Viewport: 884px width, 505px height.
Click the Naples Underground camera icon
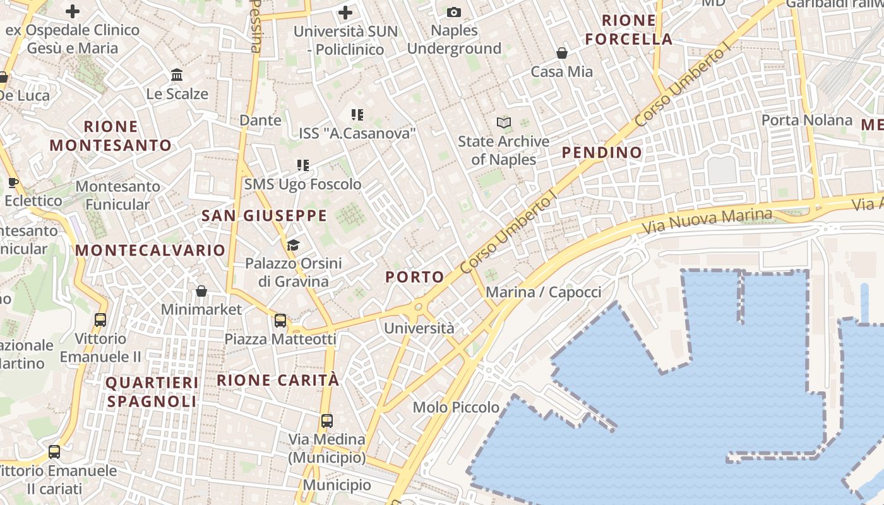tap(453, 12)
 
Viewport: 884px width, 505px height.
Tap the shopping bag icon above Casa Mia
tap(561, 53)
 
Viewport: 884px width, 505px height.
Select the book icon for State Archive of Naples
tap(503, 122)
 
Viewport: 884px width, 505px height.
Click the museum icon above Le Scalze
tap(177, 75)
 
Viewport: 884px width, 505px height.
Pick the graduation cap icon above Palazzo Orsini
tap(293, 244)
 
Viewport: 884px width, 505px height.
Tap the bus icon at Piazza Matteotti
tap(280, 321)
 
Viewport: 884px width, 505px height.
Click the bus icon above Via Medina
tap(326, 420)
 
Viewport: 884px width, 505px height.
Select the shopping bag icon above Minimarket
tap(201, 291)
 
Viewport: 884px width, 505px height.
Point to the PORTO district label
tap(415, 276)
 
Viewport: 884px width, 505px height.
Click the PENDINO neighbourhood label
tap(602, 152)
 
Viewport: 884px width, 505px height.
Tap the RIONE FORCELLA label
tap(628, 30)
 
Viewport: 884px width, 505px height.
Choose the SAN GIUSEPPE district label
tap(264, 216)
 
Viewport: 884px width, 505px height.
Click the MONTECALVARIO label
tap(150, 250)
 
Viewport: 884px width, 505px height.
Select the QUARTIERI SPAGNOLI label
tap(152, 392)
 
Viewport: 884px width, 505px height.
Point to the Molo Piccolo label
tap(456, 407)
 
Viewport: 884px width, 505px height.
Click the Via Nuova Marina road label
tap(707, 221)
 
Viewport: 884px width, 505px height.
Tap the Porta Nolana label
tap(806, 120)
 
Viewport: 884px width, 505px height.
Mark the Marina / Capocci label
tap(543, 292)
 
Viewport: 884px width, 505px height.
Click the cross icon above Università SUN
tap(345, 12)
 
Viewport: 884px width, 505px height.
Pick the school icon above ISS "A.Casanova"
tap(357, 114)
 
